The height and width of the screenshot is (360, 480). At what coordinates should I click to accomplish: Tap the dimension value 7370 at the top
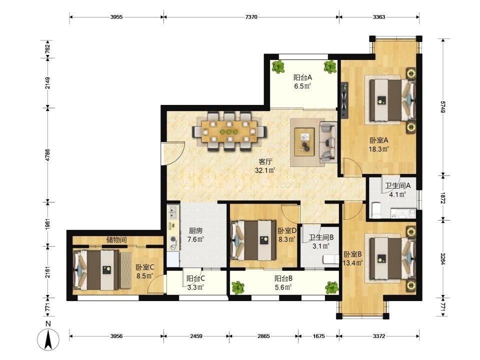pos(251,17)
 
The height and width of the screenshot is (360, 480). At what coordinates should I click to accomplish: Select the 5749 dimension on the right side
pos(442,106)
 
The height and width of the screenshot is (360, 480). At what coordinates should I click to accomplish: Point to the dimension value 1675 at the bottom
pos(318,336)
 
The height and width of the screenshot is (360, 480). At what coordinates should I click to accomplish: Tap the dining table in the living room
pos(229,131)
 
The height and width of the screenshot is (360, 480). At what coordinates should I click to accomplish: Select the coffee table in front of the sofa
pos(304,142)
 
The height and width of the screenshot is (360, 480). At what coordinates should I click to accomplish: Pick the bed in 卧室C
pos(96,269)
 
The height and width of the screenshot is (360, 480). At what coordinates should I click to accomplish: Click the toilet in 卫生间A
pos(375,210)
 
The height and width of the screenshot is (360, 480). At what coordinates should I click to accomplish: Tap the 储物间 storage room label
pos(116,240)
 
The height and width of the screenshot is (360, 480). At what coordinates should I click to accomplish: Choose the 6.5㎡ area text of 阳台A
pos(303,86)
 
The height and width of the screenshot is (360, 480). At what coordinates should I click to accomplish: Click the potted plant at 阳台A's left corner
pos(278,66)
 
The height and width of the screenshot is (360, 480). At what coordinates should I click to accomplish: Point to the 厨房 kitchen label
pos(195,231)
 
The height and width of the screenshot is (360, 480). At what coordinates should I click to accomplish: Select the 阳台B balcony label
pos(283,278)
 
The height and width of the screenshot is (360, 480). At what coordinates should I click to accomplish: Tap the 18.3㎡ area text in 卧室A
pos(379,149)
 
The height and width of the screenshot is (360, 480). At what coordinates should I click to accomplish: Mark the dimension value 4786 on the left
pos(47,154)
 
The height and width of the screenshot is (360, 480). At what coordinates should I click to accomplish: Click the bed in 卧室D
pos(254,240)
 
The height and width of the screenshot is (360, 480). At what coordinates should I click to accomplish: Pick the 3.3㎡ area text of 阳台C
pos(195,287)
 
